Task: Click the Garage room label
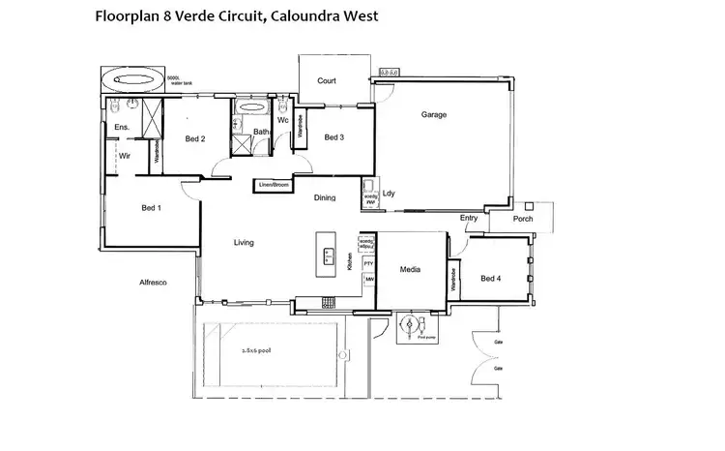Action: point(433,115)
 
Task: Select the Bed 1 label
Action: point(151,208)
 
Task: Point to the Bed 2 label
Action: point(194,138)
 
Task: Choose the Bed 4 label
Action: point(491,279)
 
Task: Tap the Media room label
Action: point(412,269)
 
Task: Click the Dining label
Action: point(325,197)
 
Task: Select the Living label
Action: point(244,242)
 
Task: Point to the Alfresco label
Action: point(154,283)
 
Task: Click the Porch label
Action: point(523,219)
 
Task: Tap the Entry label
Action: point(469,218)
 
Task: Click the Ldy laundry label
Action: point(389,194)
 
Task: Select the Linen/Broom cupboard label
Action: point(274,184)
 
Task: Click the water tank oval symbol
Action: point(132,78)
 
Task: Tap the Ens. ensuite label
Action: point(122,127)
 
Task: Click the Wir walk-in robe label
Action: point(125,155)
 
